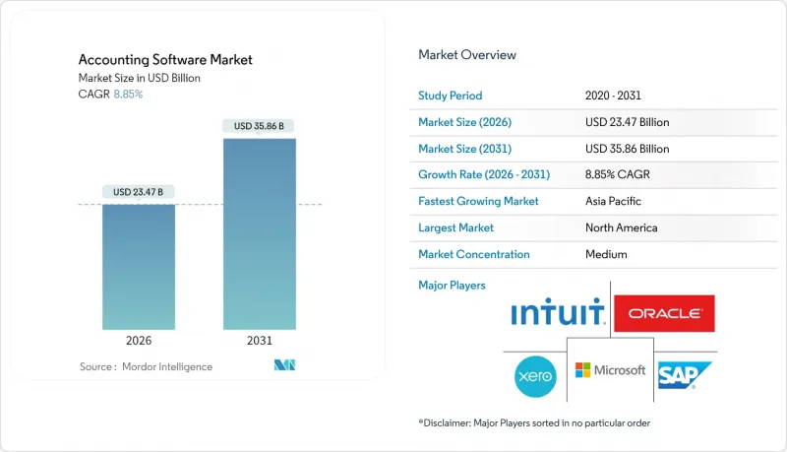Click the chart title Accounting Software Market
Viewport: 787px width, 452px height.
click(x=164, y=60)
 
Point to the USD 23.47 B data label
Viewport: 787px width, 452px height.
click(x=138, y=191)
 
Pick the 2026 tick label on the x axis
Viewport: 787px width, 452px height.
click(x=138, y=341)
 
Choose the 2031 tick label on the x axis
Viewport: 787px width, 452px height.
click(x=259, y=341)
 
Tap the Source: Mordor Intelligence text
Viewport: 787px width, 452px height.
click(x=146, y=366)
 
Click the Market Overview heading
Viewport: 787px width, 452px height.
click(x=467, y=55)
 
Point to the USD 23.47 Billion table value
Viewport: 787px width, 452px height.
click(x=627, y=122)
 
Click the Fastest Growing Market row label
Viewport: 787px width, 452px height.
click(x=478, y=201)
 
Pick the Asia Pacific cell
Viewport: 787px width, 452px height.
click(x=614, y=201)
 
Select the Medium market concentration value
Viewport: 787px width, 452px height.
click(x=606, y=254)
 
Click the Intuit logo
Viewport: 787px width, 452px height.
click(x=557, y=314)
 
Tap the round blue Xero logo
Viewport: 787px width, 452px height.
click(x=535, y=375)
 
